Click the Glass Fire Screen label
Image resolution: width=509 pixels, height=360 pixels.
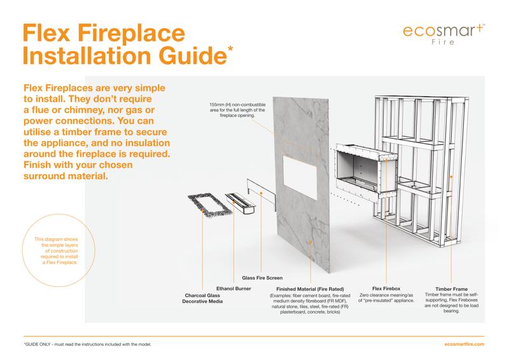(262, 278)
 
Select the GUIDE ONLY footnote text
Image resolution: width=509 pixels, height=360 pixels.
(87, 343)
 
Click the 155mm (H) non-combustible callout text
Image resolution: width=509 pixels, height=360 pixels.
(233, 109)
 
